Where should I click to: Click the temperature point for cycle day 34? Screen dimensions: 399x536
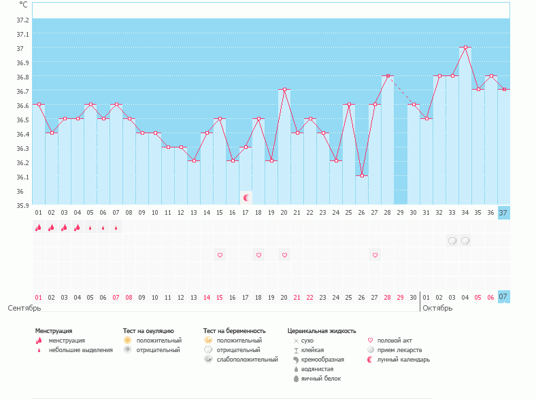pos(465,48)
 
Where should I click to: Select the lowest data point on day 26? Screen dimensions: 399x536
pos(362,176)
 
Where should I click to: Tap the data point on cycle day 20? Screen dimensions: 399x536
pos(284,90)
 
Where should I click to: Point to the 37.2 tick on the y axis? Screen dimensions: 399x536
pos(23,20)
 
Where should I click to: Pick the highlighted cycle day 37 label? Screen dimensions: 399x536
pos(503,213)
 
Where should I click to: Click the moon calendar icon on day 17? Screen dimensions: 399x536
pos(246,198)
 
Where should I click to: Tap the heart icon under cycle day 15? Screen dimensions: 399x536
pos(220,255)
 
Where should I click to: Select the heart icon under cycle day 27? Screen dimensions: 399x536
pos(375,255)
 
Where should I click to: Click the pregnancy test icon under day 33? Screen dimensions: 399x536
pos(452,241)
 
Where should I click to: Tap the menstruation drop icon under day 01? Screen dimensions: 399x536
pos(39,228)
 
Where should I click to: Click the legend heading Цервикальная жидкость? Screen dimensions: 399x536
pos(322,331)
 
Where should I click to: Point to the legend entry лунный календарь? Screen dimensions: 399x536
pos(405,360)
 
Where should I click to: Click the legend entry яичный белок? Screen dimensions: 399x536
pos(320,379)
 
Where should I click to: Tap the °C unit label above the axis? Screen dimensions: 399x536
pos(23,5)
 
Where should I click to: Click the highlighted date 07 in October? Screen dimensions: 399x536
pos(503,297)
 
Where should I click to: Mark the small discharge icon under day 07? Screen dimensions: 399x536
pos(116,228)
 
